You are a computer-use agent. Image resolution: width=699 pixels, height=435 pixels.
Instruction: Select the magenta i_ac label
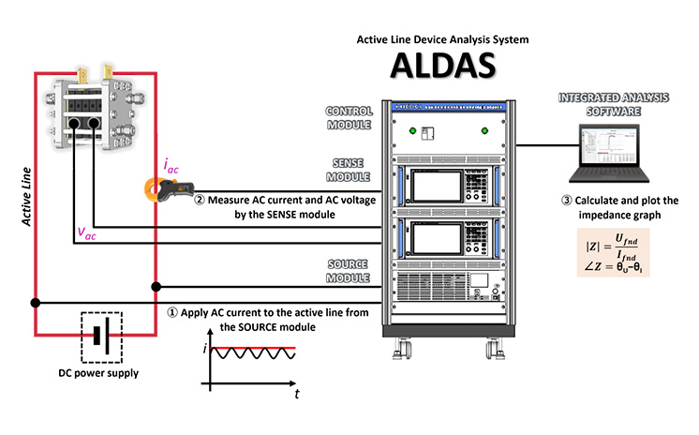point(171,166)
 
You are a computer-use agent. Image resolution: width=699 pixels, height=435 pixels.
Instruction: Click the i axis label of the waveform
point(204,349)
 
